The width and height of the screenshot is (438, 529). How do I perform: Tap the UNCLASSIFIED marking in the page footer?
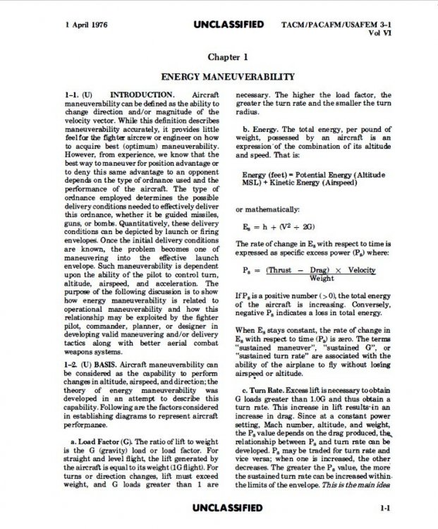(227, 508)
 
